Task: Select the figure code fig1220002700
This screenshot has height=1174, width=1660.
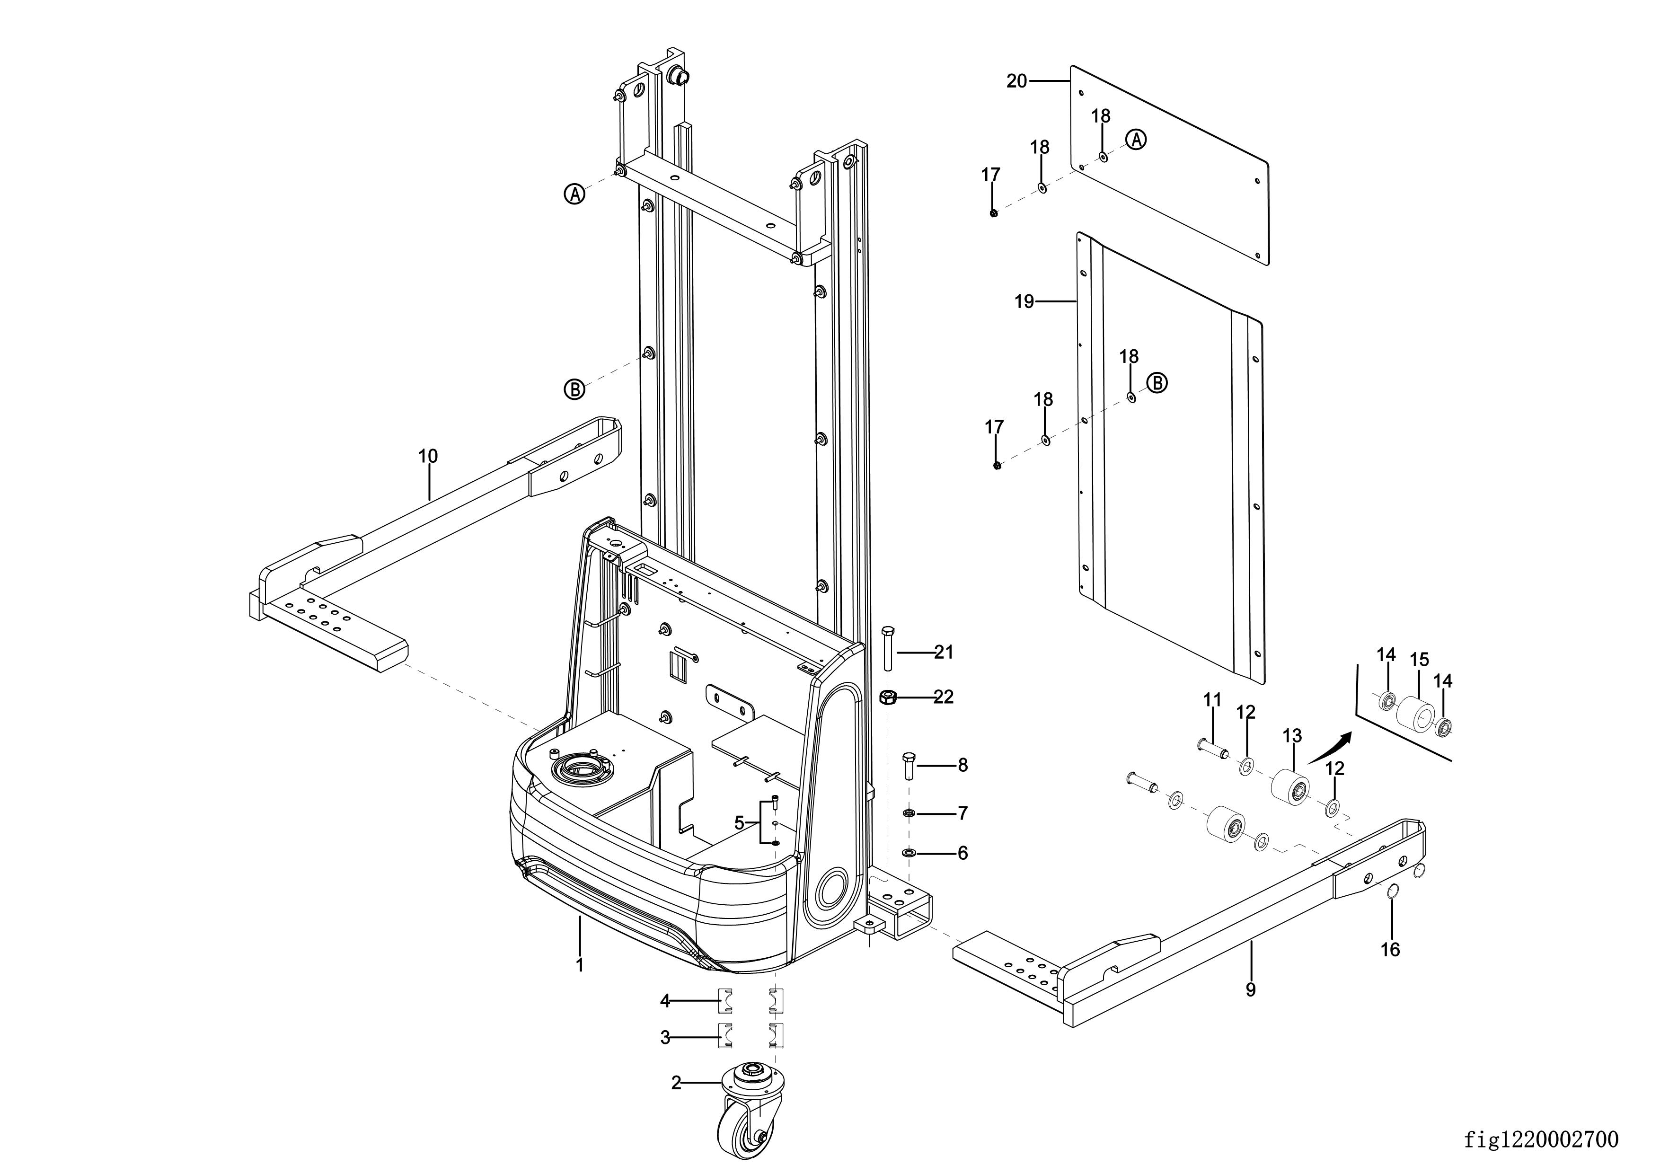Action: tap(1541, 1139)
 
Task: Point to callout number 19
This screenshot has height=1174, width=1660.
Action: tap(1024, 301)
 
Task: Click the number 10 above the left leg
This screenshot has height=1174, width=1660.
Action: tap(428, 456)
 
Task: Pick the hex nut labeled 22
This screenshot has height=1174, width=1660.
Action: tap(889, 697)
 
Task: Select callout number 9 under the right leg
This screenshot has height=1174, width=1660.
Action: tap(1251, 989)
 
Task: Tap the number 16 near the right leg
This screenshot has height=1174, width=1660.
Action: tap(1390, 949)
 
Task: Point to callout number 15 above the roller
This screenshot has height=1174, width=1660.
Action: tap(1419, 660)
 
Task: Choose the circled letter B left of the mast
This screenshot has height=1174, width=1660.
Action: tap(574, 389)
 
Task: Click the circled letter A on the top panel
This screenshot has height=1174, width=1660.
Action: tap(1137, 140)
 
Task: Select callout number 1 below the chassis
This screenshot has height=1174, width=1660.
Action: tap(579, 964)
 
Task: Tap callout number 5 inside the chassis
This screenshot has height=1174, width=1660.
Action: tap(739, 823)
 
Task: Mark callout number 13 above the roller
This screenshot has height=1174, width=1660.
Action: tap(1292, 736)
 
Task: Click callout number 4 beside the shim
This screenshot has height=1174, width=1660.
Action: tap(665, 1001)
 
